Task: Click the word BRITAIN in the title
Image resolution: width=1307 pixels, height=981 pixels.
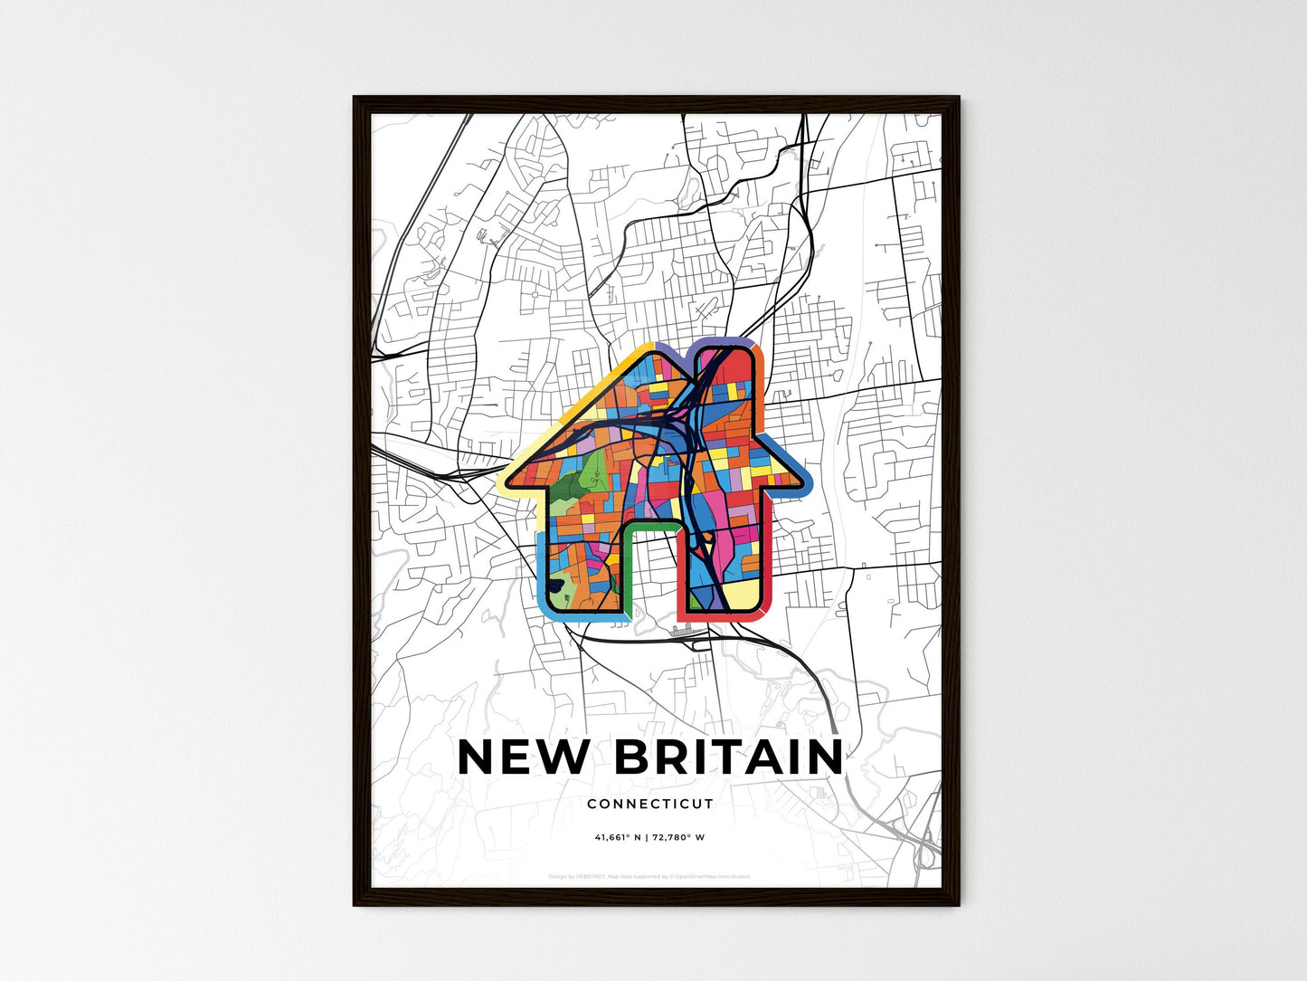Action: click(x=729, y=757)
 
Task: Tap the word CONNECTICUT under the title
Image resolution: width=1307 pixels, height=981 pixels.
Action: click(x=650, y=804)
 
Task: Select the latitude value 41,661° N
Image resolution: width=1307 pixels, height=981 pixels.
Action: click(x=618, y=837)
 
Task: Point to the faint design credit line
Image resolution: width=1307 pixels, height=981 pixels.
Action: click(x=649, y=876)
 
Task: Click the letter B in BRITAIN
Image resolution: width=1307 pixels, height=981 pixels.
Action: click(x=633, y=757)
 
